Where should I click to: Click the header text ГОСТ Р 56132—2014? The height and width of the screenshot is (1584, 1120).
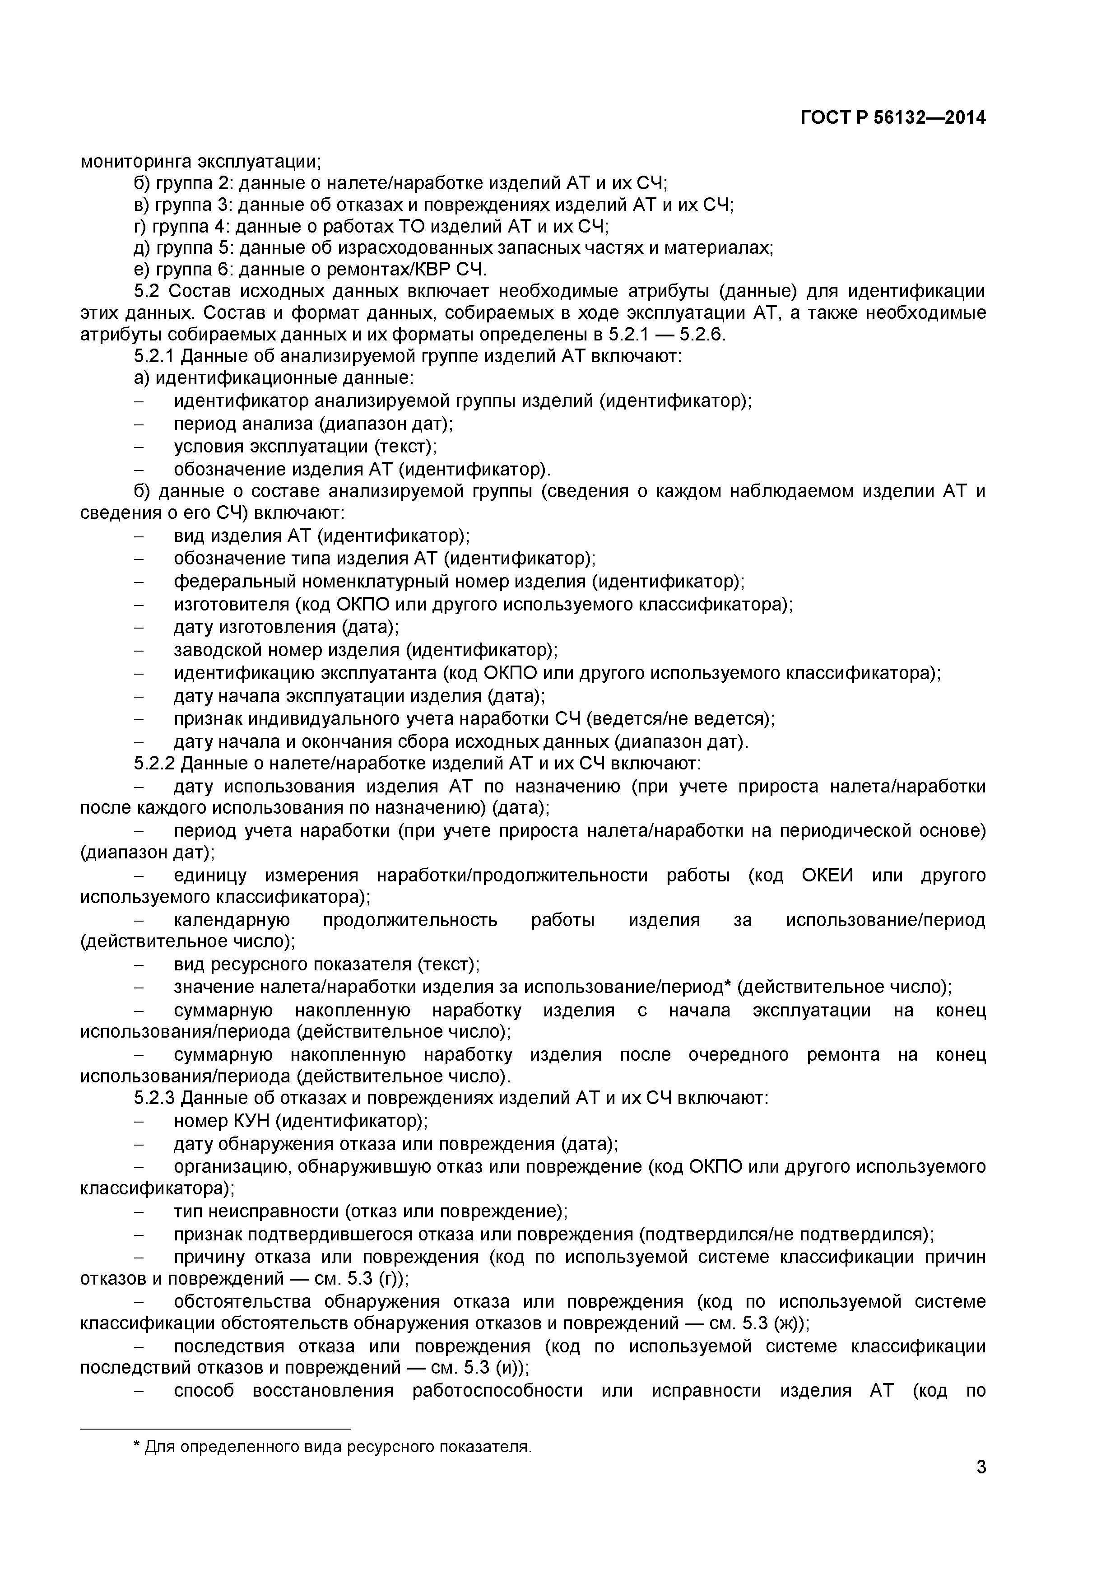893,118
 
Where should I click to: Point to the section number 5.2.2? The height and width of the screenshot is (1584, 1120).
155,764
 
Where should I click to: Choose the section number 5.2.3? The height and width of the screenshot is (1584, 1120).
155,1098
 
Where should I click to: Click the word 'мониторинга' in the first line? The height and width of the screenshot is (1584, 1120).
136,162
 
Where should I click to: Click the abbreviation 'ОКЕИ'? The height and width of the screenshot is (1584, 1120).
827,876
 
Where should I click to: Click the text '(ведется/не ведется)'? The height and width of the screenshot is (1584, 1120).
680,718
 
